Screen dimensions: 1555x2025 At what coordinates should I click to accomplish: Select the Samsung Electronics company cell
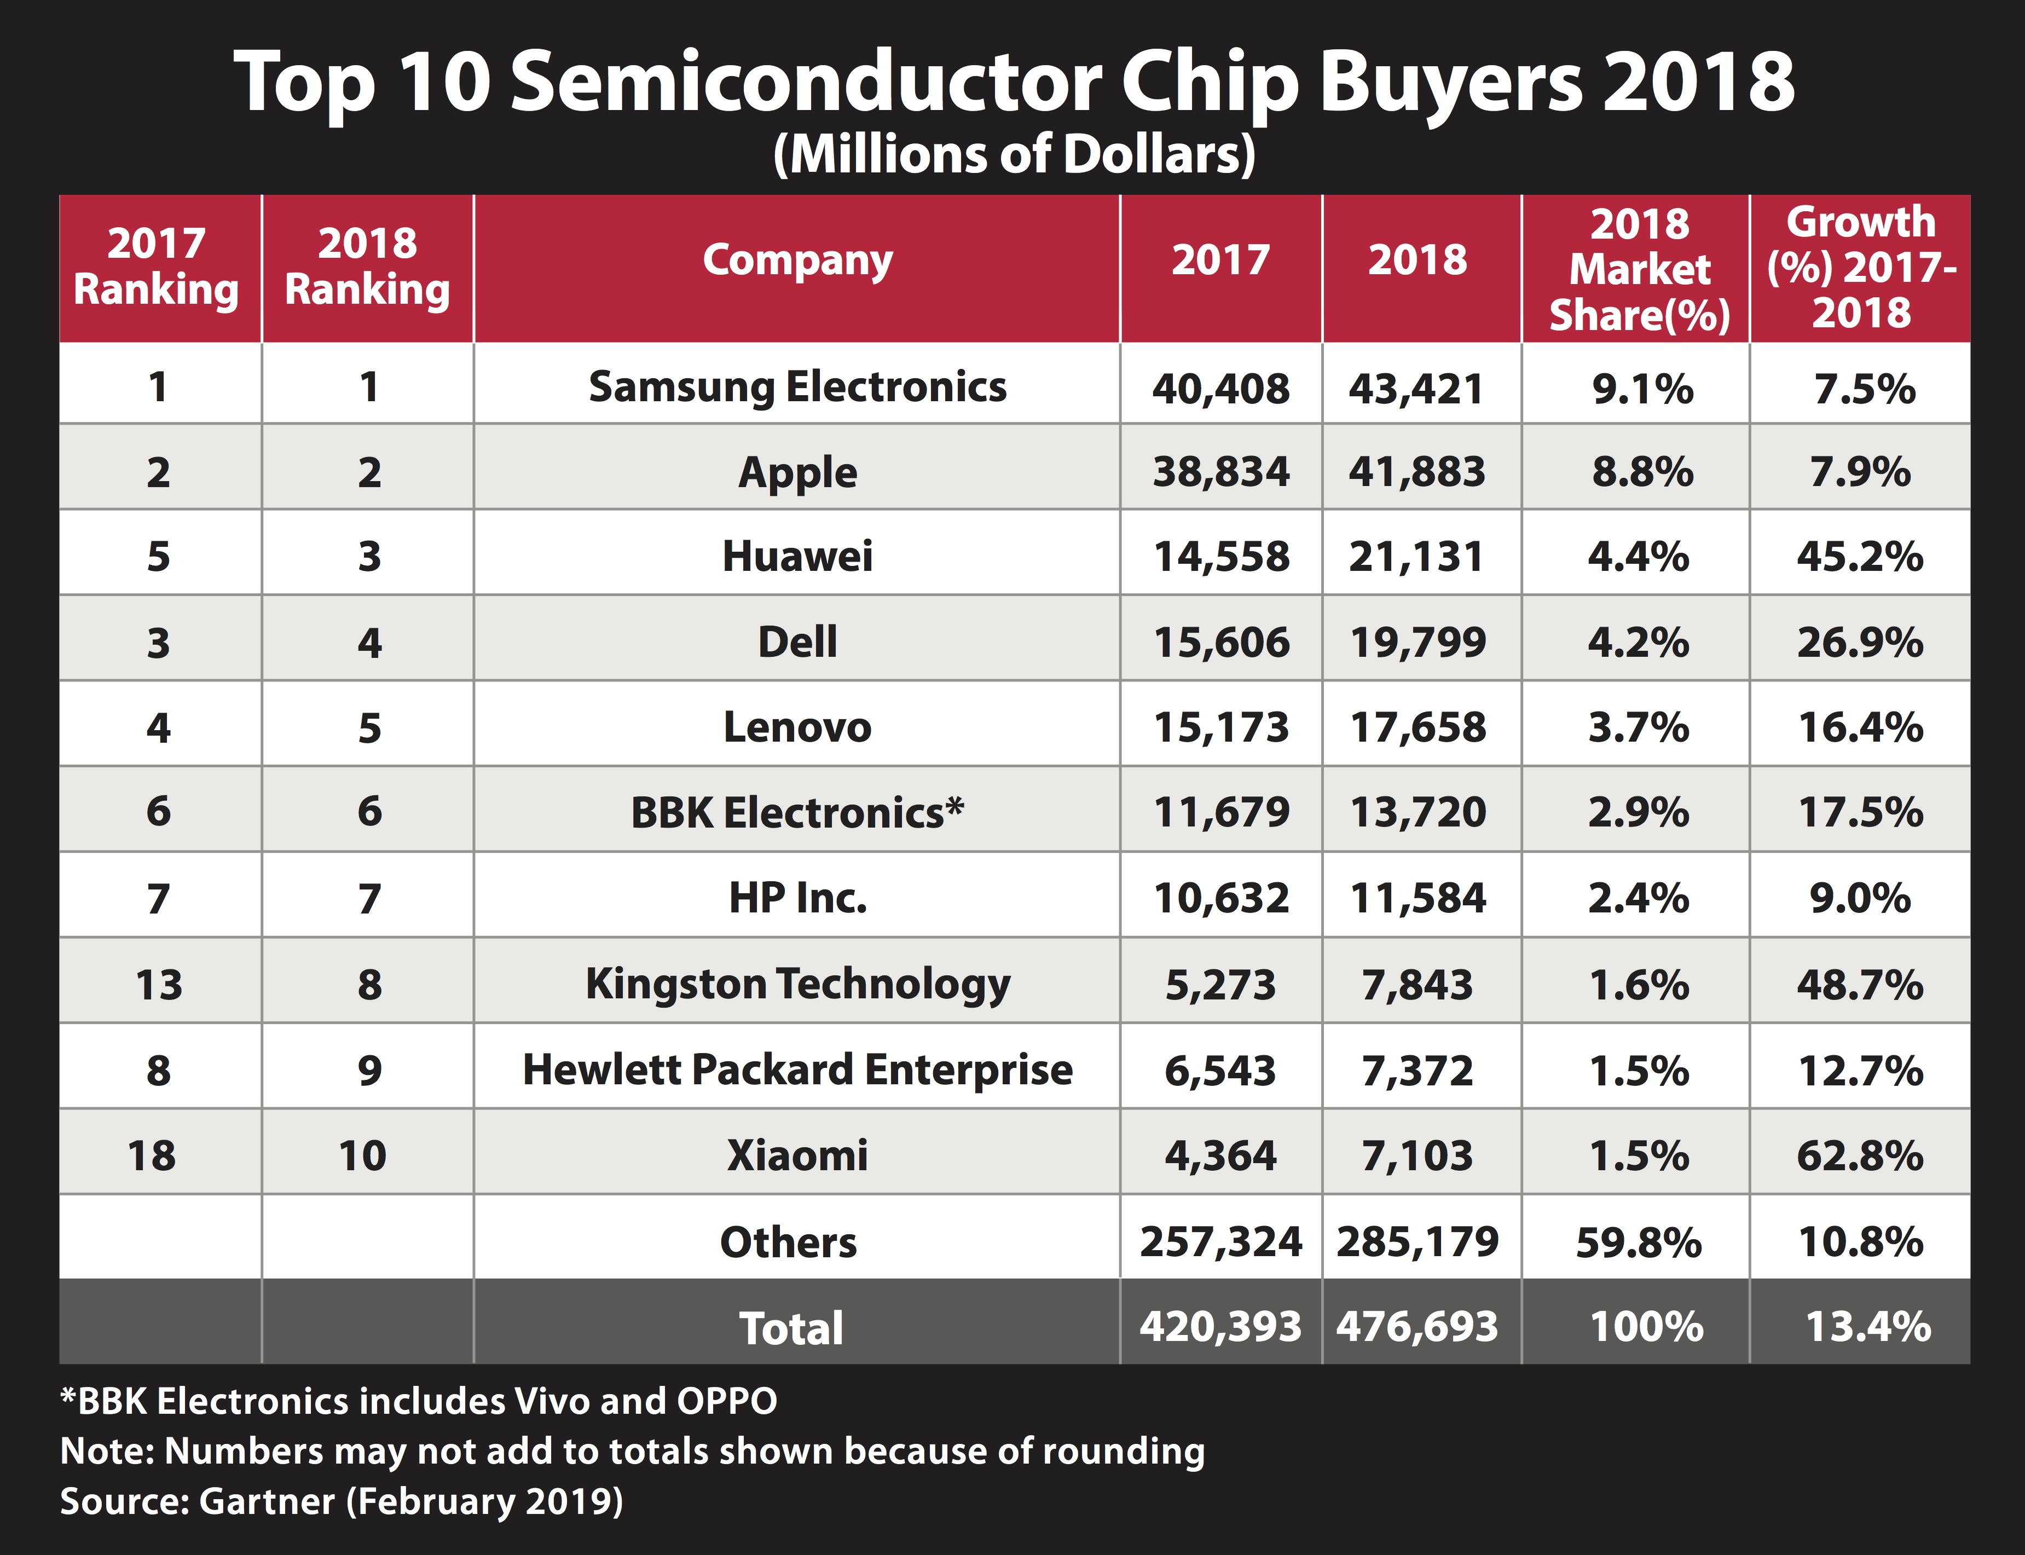tap(797, 387)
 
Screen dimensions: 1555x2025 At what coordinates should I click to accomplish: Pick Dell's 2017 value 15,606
tap(1220, 643)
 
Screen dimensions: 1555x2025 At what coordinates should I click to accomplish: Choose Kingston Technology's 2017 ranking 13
tap(158, 985)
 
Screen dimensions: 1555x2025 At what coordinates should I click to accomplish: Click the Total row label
tap(791, 1328)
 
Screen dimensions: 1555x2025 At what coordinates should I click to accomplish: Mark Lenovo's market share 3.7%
tap(1638, 727)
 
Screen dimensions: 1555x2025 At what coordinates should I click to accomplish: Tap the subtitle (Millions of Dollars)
tap(1014, 154)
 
